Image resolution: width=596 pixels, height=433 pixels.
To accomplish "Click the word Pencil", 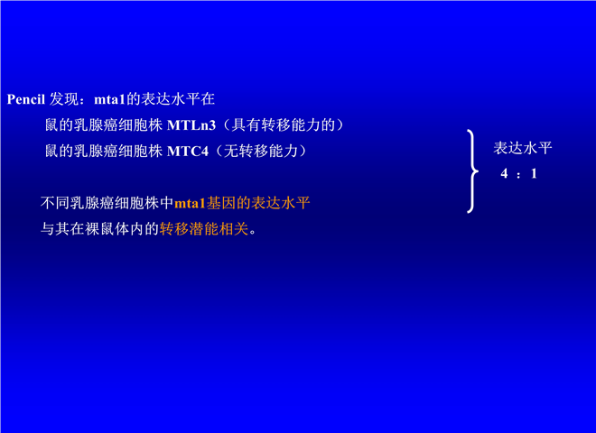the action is [26, 99].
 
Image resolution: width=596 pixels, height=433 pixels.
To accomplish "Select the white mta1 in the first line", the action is [109, 99].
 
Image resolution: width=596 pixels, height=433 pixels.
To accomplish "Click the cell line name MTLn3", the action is [191, 125].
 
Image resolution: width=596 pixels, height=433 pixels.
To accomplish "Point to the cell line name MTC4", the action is [188, 152].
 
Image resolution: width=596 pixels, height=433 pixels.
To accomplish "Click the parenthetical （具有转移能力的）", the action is [283, 124].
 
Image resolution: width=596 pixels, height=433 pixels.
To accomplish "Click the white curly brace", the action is [472, 171].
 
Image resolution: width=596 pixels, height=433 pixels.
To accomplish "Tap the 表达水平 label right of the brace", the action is [523, 148].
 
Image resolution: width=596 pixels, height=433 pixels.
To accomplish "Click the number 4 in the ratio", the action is [504, 173].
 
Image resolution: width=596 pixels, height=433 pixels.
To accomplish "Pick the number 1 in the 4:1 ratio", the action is [534, 173].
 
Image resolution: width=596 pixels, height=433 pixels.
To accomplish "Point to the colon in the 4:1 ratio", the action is [518, 175].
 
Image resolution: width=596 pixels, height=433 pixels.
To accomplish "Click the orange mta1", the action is [190, 204].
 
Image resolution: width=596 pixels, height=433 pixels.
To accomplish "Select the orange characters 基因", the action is [221, 203].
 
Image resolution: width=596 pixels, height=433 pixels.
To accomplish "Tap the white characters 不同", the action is [55, 203].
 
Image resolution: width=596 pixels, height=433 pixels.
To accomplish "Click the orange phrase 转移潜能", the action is [189, 229].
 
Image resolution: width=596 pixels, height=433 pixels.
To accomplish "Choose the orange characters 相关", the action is [234, 229].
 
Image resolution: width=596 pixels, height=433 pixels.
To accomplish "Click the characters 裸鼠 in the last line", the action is [99, 229].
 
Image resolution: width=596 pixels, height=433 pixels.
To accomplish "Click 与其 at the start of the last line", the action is [55, 229].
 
